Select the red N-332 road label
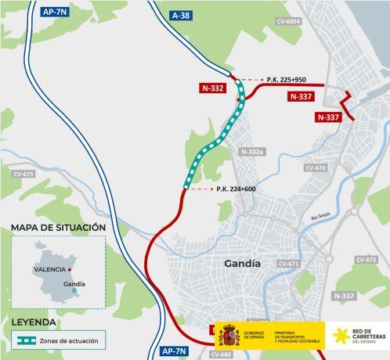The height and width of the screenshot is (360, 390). [211, 88]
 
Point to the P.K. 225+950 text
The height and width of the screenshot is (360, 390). [287, 80]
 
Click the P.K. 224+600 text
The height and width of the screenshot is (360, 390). [237, 189]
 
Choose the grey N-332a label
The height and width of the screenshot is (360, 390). [253, 151]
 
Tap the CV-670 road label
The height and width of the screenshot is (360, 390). [315, 167]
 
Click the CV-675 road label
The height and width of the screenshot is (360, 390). [23, 174]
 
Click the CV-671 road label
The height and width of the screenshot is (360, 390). [288, 264]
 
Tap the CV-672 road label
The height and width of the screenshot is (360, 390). [366, 259]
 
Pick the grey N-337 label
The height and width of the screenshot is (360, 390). [343, 296]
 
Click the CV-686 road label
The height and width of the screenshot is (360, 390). [222, 355]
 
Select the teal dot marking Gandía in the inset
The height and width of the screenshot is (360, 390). [74, 290]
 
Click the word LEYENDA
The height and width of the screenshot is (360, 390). [34, 322]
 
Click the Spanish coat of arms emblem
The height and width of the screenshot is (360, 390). [228, 336]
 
